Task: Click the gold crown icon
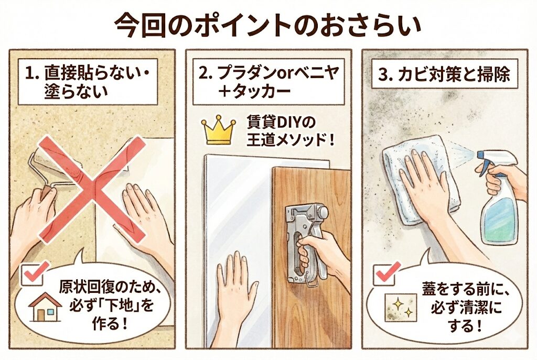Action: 219,131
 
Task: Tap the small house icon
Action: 45,307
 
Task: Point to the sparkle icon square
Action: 400,307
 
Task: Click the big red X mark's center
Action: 92,189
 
